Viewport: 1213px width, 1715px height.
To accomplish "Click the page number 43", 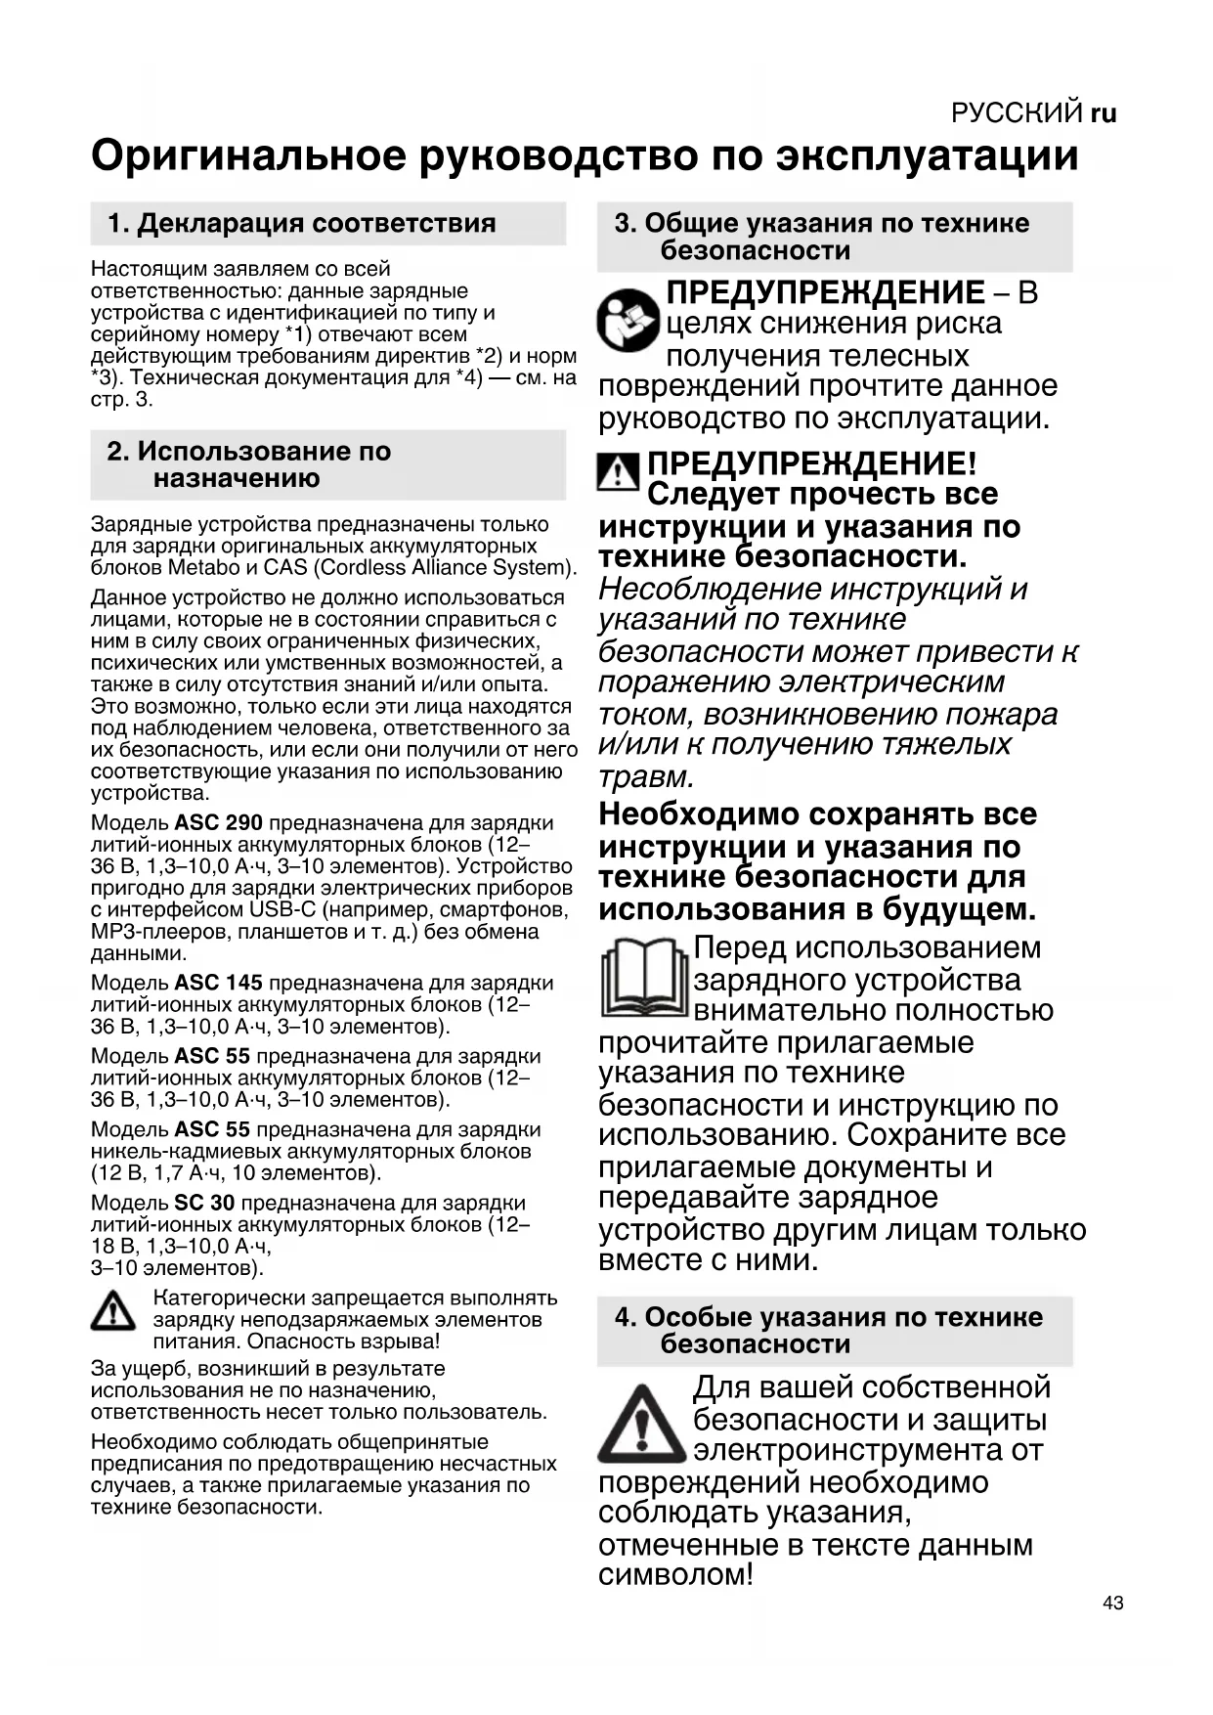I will click(1112, 1603).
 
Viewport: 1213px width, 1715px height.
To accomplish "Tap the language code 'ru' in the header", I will click(1104, 113).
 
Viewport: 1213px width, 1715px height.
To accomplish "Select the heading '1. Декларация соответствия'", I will click(302, 223).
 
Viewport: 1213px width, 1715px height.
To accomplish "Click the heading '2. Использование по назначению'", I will click(249, 464).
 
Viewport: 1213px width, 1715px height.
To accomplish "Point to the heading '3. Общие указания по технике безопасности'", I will click(822, 237).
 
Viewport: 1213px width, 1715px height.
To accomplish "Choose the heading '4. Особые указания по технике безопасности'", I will click(829, 1330).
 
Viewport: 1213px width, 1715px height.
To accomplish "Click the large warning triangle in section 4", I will click(641, 1423).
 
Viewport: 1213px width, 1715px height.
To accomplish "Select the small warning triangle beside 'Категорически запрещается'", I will click(113, 1311).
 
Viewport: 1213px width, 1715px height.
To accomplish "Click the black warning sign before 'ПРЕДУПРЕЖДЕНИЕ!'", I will click(618, 471).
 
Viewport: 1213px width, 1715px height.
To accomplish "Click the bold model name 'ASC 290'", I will click(218, 823).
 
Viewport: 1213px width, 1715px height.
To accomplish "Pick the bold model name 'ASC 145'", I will click(218, 983).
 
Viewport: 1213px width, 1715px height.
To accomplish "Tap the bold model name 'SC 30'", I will click(204, 1203).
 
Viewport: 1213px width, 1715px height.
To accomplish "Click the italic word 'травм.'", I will click(646, 777).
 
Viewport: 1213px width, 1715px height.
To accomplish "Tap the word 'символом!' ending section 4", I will click(675, 1575).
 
